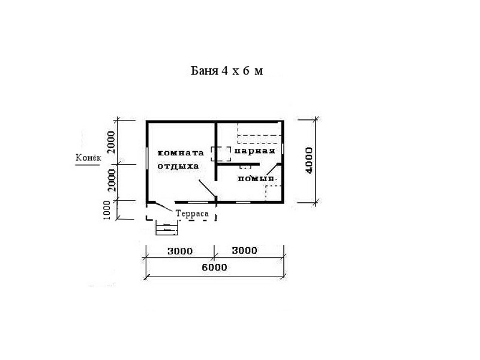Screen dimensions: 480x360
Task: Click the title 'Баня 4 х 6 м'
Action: pyautogui.click(x=227, y=71)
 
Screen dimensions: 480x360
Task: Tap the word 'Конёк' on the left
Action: pyautogui.click(x=88, y=158)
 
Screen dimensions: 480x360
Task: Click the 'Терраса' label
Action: pyautogui.click(x=192, y=214)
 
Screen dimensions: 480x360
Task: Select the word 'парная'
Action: pyautogui.click(x=254, y=151)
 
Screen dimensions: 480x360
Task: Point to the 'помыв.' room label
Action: pyautogui.click(x=257, y=178)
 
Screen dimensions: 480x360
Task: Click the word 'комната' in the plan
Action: pyautogui.click(x=181, y=153)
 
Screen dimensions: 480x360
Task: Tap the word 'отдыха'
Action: pyautogui.click(x=178, y=166)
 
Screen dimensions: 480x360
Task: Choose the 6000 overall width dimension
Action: pyautogui.click(x=214, y=267)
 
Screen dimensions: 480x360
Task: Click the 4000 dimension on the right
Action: pyautogui.click(x=309, y=160)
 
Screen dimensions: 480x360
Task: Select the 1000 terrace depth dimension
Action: pyautogui.click(x=106, y=210)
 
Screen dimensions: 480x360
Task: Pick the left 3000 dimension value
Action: pyautogui.click(x=180, y=251)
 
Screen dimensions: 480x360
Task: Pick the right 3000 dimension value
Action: pyautogui.click(x=244, y=250)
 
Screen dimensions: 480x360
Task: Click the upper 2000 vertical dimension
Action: pyautogui.click(x=112, y=142)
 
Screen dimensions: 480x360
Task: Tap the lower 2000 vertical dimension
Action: pyautogui.click(x=112, y=180)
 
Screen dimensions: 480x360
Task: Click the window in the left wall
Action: pyautogui.click(x=148, y=162)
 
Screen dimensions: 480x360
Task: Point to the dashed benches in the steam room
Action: pyautogui.click(x=260, y=133)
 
